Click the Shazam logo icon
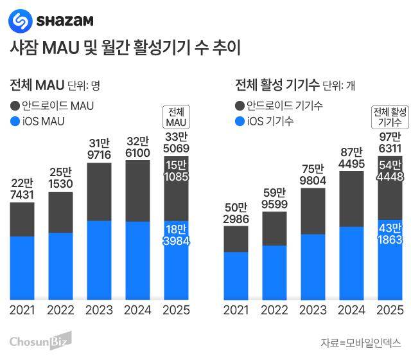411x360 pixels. (x=20, y=20)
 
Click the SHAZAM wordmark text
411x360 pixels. (x=65, y=21)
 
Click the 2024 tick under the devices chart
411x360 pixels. (x=351, y=310)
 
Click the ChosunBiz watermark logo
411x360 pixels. (x=40, y=341)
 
